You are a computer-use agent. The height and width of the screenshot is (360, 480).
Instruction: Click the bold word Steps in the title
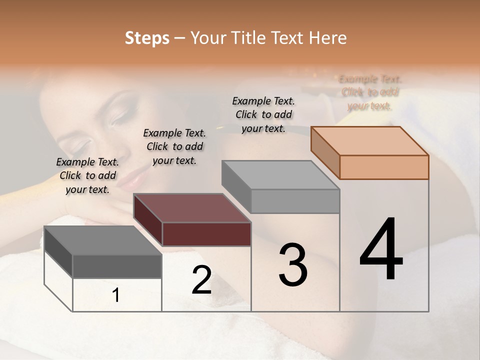click(x=147, y=38)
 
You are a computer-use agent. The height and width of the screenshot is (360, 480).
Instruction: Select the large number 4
click(x=381, y=250)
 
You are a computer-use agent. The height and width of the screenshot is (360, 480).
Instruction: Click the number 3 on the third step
click(x=293, y=265)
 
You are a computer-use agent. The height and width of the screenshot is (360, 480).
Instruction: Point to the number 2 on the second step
click(x=201, y=280)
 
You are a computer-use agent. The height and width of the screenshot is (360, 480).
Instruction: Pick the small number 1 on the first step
click(x=116, y=295)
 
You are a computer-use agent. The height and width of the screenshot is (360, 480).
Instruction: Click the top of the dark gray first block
click(x=102, y=240)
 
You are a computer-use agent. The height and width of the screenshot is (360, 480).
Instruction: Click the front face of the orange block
click(x=384, y=167)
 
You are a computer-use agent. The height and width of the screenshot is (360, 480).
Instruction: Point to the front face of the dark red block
click(x=206, y=234)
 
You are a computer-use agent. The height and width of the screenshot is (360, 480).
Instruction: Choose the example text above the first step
click(x=87, y=175)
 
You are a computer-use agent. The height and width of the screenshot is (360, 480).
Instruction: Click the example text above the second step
click(x=174, y=146)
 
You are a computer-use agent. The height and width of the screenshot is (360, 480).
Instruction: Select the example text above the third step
click(x=263, y=114)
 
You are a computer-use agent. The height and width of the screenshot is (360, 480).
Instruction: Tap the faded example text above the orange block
click(x=370, y=92)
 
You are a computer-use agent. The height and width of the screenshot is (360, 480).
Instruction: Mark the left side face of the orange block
click(x=325, y=152)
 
